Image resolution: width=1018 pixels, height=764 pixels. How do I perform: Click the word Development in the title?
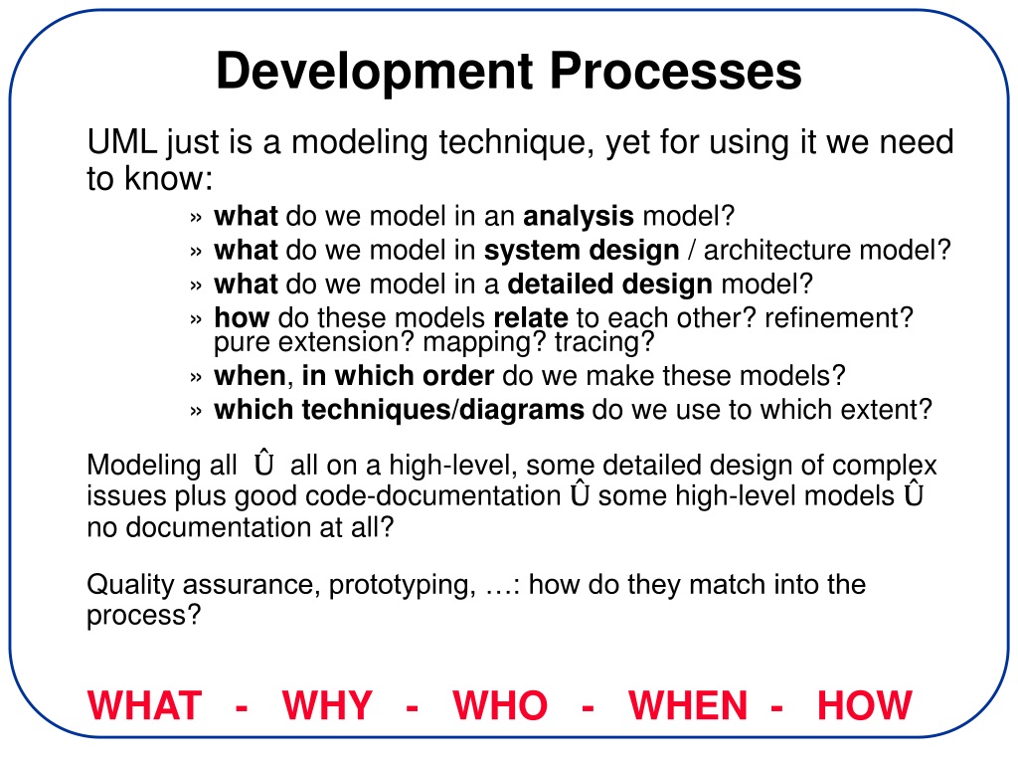[x=375, y=73]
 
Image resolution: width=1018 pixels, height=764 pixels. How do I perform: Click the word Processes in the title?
[x=676, y=71]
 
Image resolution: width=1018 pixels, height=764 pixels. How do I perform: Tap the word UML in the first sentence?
[x=122, y=141]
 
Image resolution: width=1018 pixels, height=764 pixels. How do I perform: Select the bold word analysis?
[x=579, y=216]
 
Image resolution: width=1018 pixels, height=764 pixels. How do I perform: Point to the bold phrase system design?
[x=582, y=251]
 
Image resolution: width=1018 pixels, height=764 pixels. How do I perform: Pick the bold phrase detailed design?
[x=610, y=285]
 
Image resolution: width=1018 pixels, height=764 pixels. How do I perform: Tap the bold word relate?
[x=531, y=318]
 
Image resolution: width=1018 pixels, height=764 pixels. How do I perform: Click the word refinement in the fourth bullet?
[x=834, y=318]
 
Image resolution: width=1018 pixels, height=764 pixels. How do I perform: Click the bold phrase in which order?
[x=398, y=376]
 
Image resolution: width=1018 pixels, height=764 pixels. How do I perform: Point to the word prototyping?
[x=400, y=585]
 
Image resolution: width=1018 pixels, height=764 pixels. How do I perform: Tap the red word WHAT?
[x=145, y=705]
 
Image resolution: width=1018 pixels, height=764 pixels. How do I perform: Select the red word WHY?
[x=327, y=705]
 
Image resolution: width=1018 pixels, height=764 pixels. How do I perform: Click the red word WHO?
[x=500, y=705]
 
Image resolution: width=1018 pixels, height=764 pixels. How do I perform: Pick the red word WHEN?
[x=688, y=705]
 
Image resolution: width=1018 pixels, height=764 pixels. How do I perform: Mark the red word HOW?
[x=865, y=705]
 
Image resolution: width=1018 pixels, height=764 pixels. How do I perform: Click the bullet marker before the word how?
[x=196, y=319]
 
